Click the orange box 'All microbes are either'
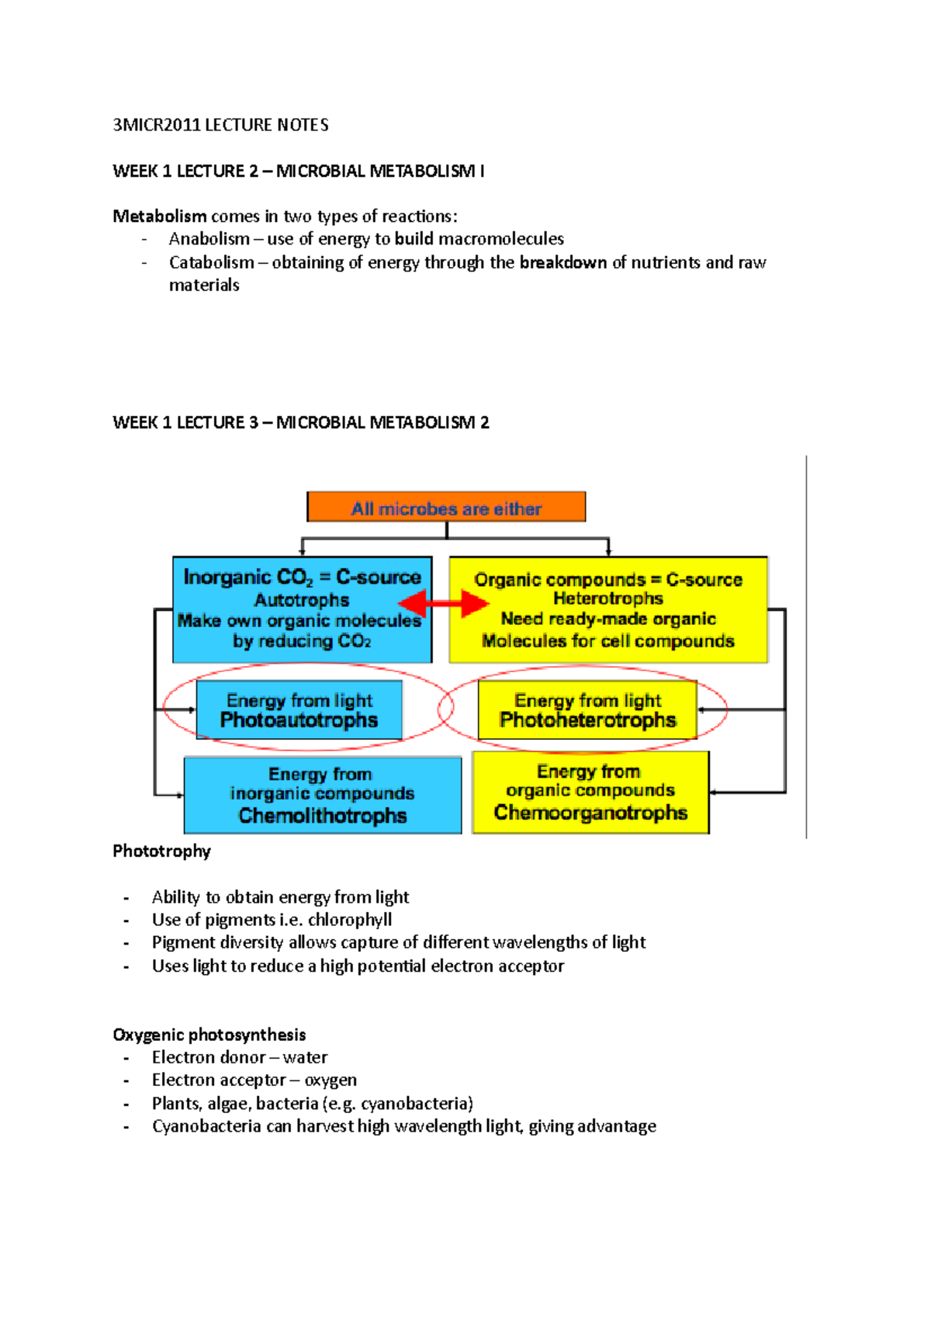click(446, 508)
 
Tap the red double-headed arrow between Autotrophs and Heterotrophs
click(443, 603)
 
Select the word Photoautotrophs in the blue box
click(299, 720)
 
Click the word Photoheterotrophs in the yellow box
click(587, 720)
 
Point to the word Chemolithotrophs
click(323, 816)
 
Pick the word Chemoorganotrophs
click(590, 813)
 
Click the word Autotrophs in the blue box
click(302, 600)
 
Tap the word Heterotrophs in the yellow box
click(607, 598)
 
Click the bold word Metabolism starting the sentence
click(160, 216)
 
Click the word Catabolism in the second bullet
click(212, 262)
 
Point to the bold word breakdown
click(563, 262)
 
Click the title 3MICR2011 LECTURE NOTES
click(220, 125)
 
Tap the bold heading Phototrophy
click(161, 851)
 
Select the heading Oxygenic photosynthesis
click(209, 1035)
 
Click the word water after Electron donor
click(305, 1057)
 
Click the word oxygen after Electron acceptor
click(331, 1080)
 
